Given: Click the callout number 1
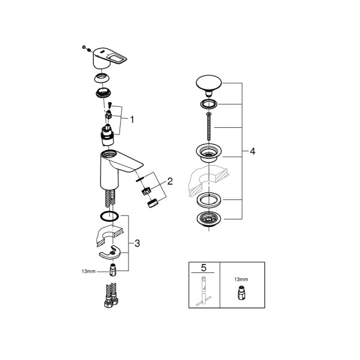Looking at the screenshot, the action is point(132,119).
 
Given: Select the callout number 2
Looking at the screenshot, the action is point(170,181).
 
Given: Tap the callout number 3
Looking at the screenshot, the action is point(137,244).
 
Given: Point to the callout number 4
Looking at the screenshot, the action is point(253,151).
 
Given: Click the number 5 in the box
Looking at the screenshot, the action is point(203,268).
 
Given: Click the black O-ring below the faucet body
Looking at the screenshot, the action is point(110,216).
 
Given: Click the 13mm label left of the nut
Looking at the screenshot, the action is point(88,271).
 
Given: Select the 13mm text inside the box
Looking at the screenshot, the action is point(241,280).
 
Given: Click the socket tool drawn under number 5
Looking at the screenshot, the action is point(203,292).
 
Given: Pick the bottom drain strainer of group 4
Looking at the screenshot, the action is point(209,220).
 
